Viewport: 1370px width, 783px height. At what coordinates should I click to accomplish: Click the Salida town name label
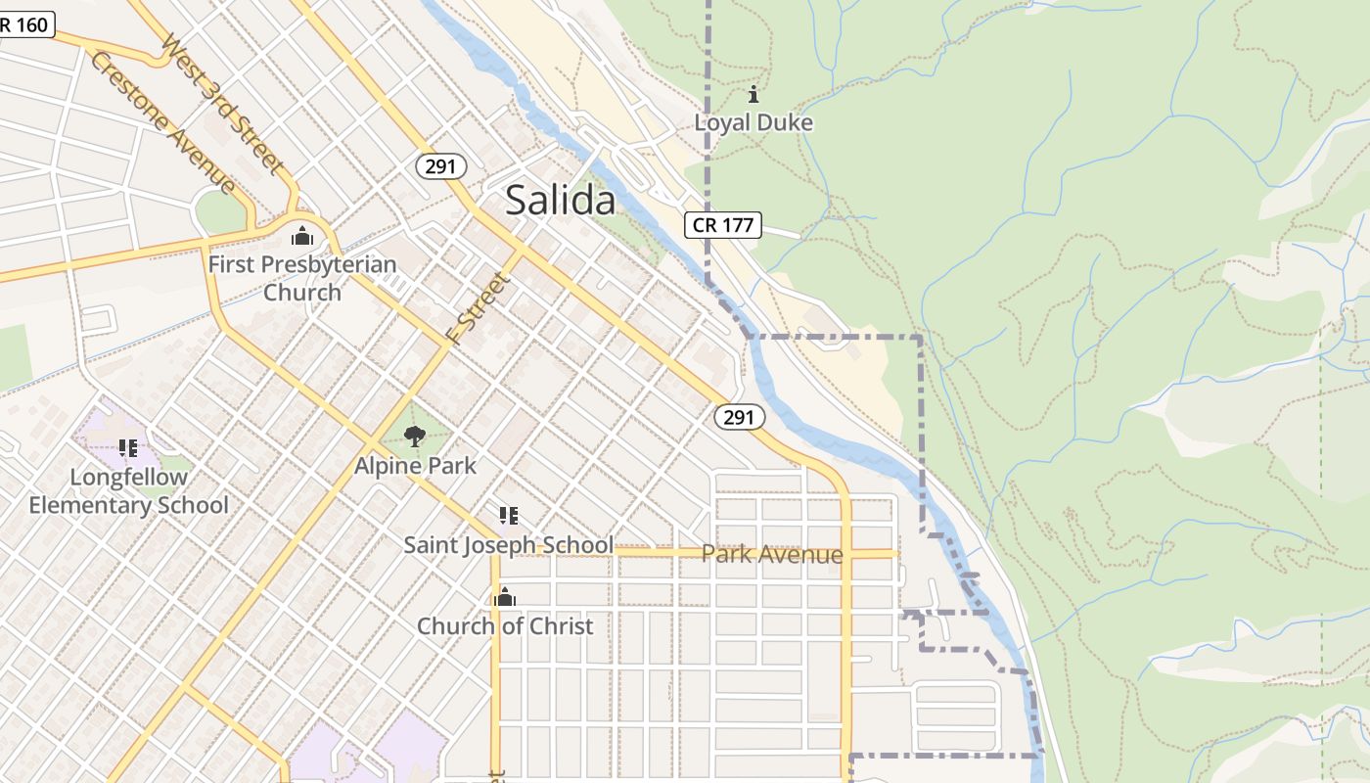pos(560,201)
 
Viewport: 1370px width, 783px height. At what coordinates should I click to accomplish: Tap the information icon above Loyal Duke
pos(753,95)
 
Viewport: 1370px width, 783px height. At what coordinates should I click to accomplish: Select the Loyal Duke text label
pos(753,122)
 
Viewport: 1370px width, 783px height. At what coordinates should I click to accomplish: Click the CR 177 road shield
pos(722,224)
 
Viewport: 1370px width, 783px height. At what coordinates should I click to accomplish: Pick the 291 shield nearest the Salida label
pos(440,166)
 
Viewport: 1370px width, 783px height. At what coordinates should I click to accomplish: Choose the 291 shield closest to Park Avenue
pos(739,417)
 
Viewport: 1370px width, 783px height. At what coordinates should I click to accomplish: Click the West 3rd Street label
pos(222,106)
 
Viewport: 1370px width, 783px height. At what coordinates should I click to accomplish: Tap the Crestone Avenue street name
pos(162,122)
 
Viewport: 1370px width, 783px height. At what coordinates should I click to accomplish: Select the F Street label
pos(479,308)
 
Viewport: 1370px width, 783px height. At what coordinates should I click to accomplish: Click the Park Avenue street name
pos(772,555)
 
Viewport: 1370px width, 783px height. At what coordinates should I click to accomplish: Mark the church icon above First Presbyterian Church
pos(302,236)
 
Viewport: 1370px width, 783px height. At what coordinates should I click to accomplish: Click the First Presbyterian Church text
pos(302,278)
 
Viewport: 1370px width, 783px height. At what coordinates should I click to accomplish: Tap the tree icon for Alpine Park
pos(415,437)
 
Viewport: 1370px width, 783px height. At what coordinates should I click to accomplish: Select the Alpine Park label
pos(415,466)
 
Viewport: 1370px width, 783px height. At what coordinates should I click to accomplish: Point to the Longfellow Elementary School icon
pos(127,448)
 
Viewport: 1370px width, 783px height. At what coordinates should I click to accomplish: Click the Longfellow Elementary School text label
pos(128,491)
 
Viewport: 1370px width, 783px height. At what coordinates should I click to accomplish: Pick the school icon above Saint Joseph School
pos(508,515)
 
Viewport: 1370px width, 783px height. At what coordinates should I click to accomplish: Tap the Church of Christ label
pos(505,626)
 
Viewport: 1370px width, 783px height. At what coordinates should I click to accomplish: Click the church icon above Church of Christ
pos(505,597)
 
